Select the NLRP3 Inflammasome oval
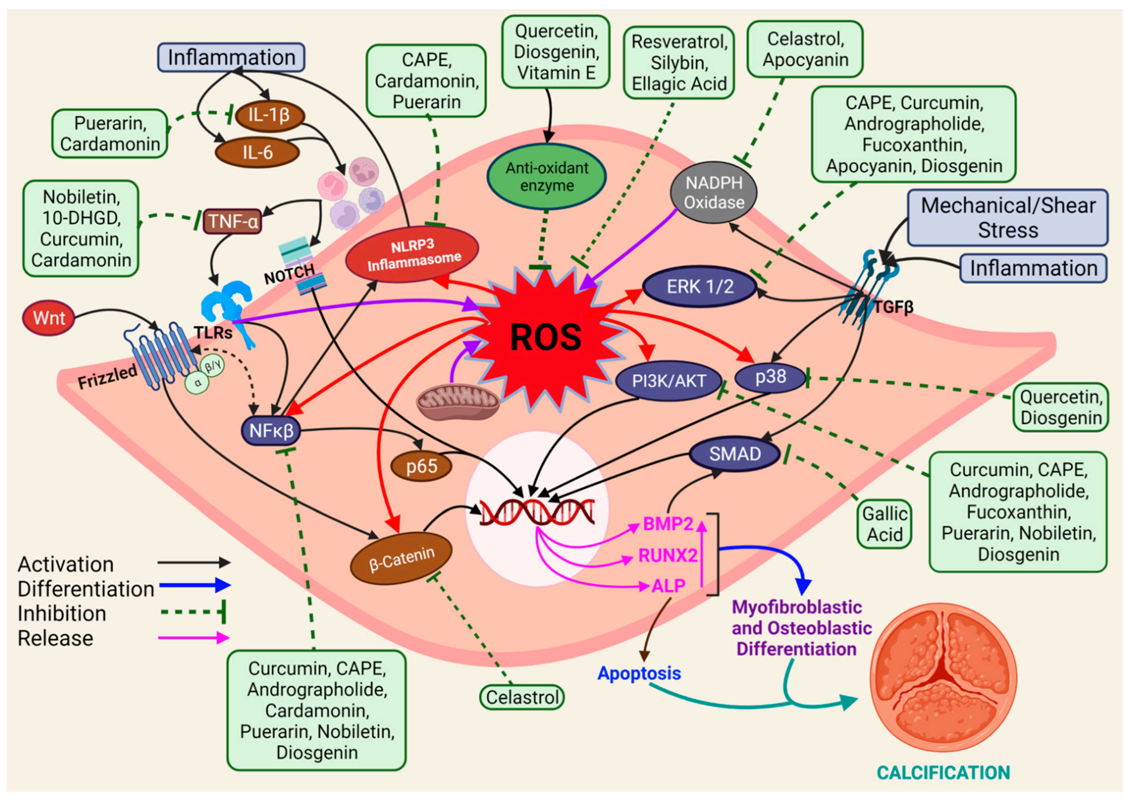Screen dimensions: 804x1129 tap(412, 254)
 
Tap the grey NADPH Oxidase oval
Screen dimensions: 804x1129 tap(714, 192)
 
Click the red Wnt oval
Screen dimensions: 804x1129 tap(48, 318)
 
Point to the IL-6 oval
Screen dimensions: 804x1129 tap(257, 152)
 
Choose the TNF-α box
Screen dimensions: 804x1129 tap(232, 221)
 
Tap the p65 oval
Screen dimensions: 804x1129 tap(421, 466)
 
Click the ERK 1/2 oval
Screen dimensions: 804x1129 tap(700, 287)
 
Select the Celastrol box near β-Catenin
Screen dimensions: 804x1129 tap(522, 697)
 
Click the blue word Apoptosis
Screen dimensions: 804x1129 tap(639, 673)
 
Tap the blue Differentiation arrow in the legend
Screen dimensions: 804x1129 tap(194, 585)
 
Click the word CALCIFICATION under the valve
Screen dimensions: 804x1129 tap(943, 772)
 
